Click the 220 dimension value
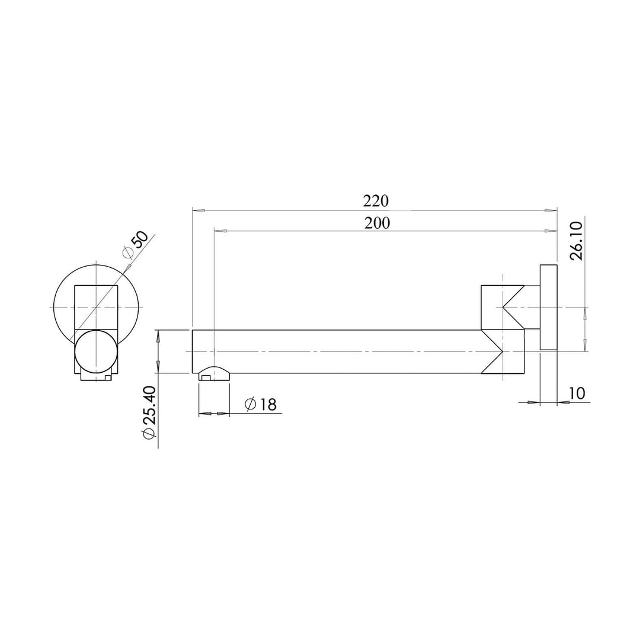[x=376, y=201]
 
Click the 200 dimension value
[x=377, y=223]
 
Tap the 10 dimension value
[x=576, y=393]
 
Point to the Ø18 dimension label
[x=260, y=405]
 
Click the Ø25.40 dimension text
[x=149, y=412]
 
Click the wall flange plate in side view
[x=548, y=308]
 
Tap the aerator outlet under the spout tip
[x=214, y=373]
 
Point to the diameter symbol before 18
[x=250, y=405]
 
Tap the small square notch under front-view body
[x=107, y=376]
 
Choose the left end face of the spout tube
[x=193, y=351]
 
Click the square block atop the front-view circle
[x=96, y=306]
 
